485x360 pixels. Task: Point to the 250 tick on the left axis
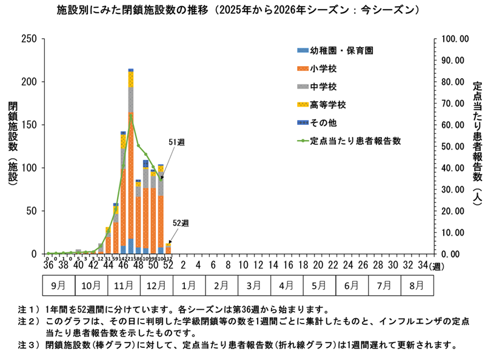point(29,39)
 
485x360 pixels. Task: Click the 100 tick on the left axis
point(29,168)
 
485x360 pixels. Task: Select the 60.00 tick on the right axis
point(451,125)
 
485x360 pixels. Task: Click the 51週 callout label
point(176,142)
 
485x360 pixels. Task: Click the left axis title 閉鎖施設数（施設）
point(13,145)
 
